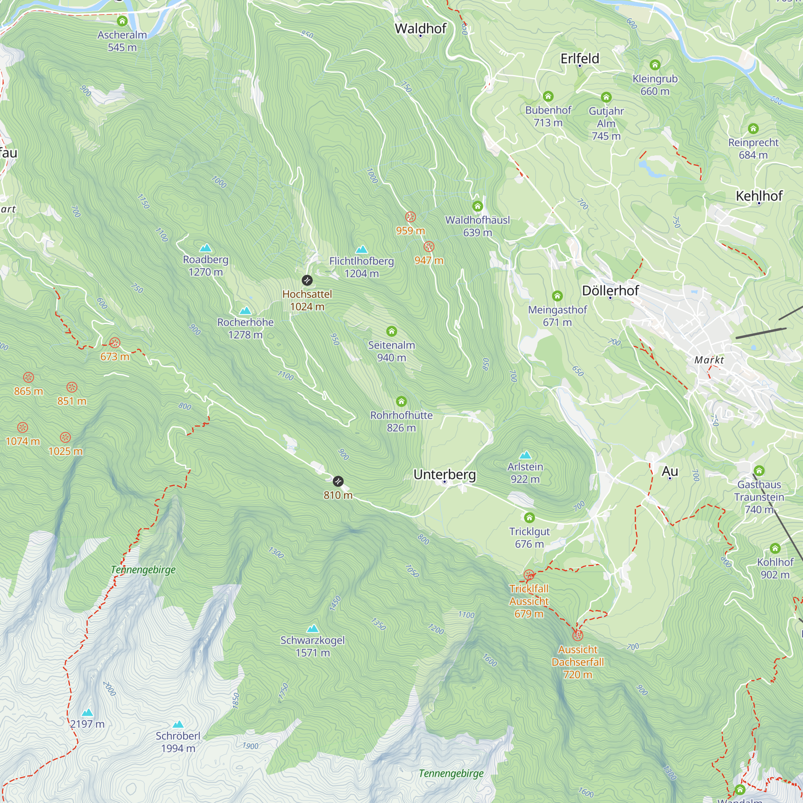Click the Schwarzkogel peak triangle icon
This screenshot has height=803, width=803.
pyautogui.click(x=312, y=628)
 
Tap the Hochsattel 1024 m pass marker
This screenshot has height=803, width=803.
pyautogui.click(x=307, y=280)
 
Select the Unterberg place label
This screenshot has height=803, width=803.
pyautogui.click(x=444, y=474)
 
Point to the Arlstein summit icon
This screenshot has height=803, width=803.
pyautogui.click(x=525, y=455)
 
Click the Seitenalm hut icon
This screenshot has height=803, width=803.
pyautogui.click(x=391, y=331)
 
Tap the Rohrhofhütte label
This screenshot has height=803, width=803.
pyautogui.click(x=401, y=415)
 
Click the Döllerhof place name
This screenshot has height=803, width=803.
pyautogui.click(x=610, y=291)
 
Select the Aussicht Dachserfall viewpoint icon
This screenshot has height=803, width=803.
pyautogui.click(x=578, y=636)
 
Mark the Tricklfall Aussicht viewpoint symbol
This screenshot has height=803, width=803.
pyautogui.click(x=529, y=575)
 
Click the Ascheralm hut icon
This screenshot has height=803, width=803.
pyautogui.click(x=122, y=21)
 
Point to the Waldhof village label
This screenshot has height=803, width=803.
pyautogui.click(x=420, y=29)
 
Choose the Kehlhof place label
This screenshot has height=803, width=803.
pyautogui.click(x=759, y=196)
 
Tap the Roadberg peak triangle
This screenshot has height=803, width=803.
pyautogui.click(x=205, y=249)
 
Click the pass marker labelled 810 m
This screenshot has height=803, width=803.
pyautogui.click(x=338, y=481)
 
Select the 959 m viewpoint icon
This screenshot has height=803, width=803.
pyautogui.click(x=410, y=217)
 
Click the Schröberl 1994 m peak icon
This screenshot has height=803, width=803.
pyautogui.click(x=178, y=724)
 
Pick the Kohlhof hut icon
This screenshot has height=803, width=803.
pyautogui.click(x=775, y=548)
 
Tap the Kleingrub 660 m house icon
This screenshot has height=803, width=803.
pyautogui.click(x=654, y=65)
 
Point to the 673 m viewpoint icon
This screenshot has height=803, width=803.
pyautogui.click(x=115, y=343)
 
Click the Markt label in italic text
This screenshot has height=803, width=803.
pyautogui.click(x=709, y=360)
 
